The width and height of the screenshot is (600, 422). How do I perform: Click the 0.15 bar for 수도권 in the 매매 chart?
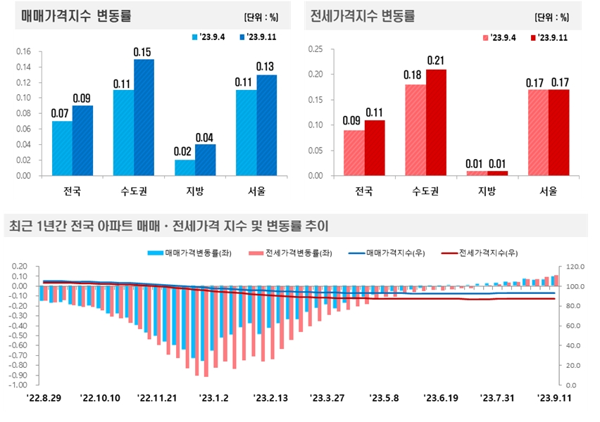[144, 117]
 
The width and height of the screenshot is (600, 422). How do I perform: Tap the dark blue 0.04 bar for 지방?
[205, 160]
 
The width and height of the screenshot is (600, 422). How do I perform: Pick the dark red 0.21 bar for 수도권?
[435, 122]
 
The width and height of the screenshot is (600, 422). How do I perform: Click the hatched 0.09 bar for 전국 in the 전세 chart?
[354, 153]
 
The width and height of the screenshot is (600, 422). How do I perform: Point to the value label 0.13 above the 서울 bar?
[266, 67]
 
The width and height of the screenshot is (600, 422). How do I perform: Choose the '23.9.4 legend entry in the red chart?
[501, 37]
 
